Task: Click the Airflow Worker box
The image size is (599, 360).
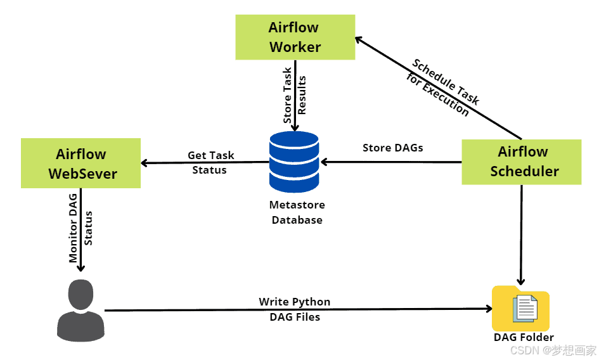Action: (x=295, y=37)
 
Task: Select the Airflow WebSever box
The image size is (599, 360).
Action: (x=81, y=164)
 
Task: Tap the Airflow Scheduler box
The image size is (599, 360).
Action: (x=521, y=162)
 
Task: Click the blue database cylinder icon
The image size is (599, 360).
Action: (x=294, y=162)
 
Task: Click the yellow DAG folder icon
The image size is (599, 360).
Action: (x=520, y=308)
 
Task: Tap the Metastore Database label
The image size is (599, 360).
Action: (x=297, y=212)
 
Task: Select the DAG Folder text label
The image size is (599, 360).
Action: (x=524, y=337)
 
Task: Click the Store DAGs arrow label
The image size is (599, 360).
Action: (x=392, y=148)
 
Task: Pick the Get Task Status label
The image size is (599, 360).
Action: (x=210, y=162)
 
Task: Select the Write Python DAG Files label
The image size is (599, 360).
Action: (x=295, y=309)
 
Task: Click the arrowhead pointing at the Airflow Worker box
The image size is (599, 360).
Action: (x=358, y=39)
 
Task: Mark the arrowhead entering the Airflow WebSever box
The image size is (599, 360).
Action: (x=145, y=163)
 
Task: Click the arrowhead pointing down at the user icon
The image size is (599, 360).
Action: (x=81, y=268)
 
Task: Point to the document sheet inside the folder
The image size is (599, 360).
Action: (x=525, y=307)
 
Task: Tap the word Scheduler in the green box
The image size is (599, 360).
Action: (x=524, y=171)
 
